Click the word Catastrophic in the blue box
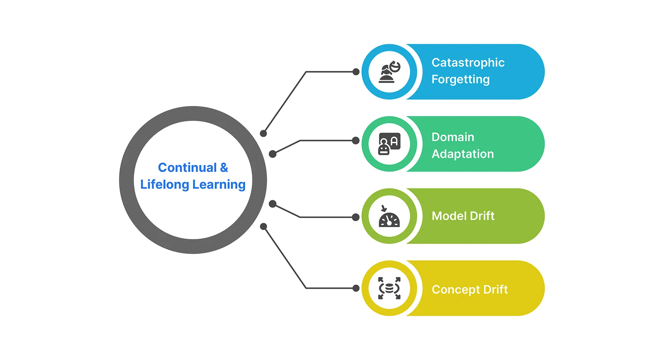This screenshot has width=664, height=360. pos(468,62)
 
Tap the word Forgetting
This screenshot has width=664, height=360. pos(461,80)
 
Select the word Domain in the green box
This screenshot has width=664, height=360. pos(453,137)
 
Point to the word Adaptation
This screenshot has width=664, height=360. pos(463,154)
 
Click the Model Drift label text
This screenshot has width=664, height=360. pos(463,216)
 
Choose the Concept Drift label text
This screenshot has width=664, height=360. pos(470,290)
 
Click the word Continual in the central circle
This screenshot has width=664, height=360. pos(187,167)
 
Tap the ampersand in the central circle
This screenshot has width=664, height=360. pos(224,167)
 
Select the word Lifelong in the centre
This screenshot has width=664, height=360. pos(164,185)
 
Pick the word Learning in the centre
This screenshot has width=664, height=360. pos(219,185)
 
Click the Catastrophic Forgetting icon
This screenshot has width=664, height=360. pos(389,72)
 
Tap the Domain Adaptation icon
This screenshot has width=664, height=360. pos(389,144)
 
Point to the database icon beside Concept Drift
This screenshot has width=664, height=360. pos(389,288)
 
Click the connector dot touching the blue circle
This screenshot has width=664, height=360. pos(356,72)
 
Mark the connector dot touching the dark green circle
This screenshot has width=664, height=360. pos(356,141)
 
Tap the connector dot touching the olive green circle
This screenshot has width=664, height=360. pos(356,217)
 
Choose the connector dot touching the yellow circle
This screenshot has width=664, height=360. pos(356,288)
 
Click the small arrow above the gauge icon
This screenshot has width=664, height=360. pos(384,208)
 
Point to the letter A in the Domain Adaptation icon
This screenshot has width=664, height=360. pos(394,142)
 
